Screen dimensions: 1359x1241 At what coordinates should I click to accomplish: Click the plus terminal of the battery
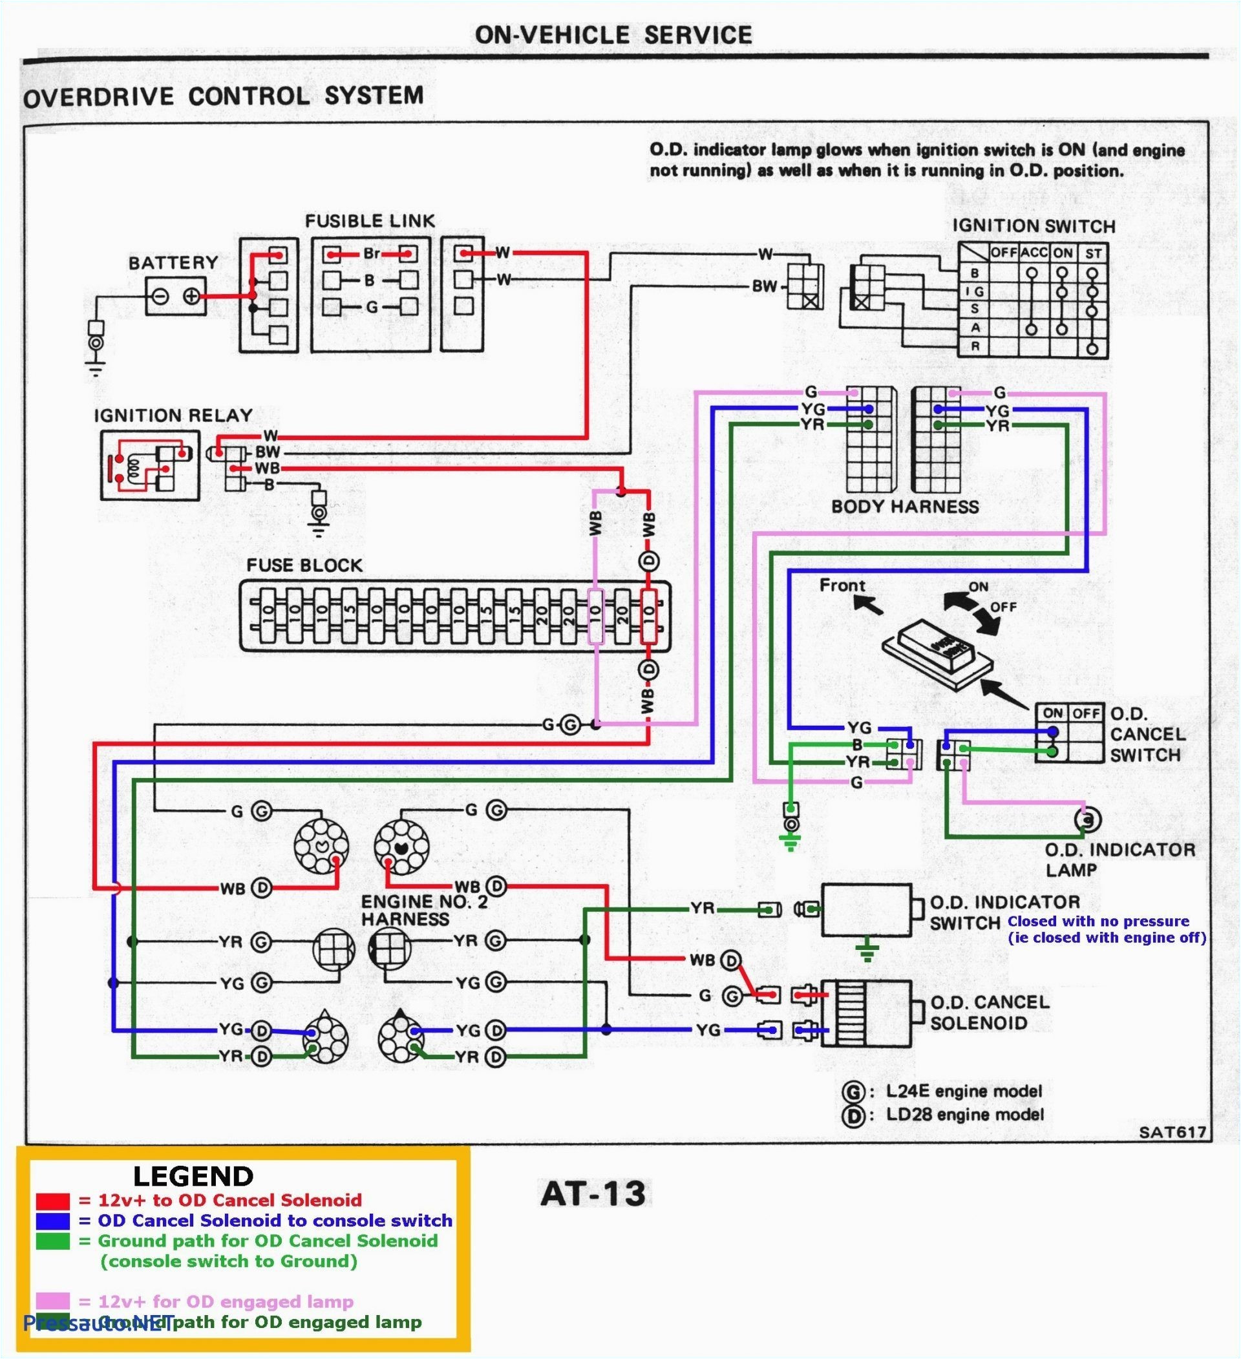[191, 296]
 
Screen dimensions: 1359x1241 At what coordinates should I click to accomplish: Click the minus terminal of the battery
[160, 296]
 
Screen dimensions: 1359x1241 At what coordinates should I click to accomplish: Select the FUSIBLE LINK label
[370, 221]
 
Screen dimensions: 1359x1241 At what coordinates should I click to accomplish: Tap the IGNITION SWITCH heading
[1034, 226]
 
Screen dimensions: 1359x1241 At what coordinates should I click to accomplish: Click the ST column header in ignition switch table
[1093, 254]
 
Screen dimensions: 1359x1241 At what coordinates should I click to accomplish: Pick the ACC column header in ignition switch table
[1034, 253]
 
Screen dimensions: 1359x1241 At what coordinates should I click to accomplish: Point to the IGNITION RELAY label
[173, 416]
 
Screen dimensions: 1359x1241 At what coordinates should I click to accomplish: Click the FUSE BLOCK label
[304, 565]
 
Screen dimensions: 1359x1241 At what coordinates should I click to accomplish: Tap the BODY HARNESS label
[905, 507]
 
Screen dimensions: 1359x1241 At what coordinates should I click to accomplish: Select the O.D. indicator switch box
[866, 909]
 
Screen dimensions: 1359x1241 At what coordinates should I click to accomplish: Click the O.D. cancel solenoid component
[866, 1013]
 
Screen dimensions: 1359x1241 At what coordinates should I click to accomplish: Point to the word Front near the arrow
[842, 585]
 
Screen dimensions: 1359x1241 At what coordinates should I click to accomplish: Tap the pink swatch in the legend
[52, 1301]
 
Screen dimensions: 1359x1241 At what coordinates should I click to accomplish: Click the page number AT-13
[593, 1194]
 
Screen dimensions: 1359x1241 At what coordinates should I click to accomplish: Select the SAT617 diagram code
[1172, 1132]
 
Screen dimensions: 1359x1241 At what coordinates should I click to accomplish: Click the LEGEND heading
[193, 1176]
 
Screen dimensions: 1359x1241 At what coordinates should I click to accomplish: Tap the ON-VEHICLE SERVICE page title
[613, 35]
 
